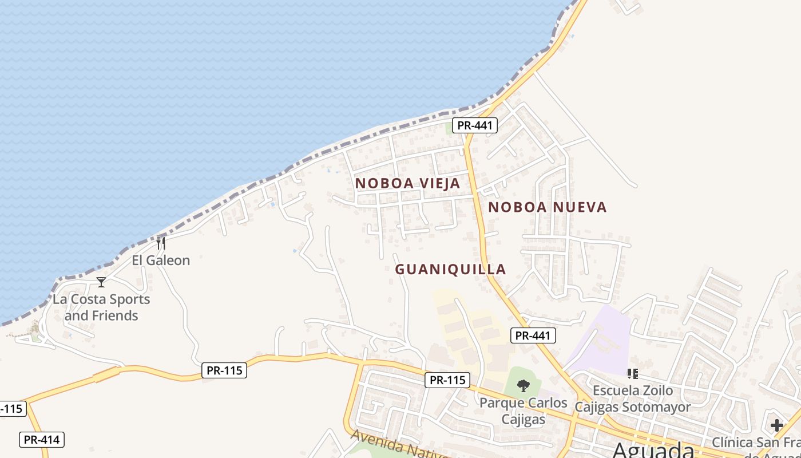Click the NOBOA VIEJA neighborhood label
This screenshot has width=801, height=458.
(x=407, y=183)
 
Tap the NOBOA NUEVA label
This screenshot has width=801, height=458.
(x=547, y=207)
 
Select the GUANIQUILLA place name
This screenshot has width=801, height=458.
(x=451, y=269)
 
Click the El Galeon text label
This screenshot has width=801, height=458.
(x=161, y=260)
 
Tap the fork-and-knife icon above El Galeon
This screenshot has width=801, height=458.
(x=161, y=243)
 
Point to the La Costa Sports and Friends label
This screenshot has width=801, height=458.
(x=101, y=307)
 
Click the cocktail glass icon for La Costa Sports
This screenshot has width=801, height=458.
(x=101, y=282)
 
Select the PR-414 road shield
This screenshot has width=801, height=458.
(x=42, y=440)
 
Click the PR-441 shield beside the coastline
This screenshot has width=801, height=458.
(x=475, y=125)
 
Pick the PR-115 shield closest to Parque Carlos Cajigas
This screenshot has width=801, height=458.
(x=447, y=380)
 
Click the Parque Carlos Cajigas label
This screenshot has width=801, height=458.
(x=523, y=411)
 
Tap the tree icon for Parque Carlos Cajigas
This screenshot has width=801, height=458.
(x=523, y=386)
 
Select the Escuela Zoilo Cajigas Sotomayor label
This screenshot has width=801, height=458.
(x=633, y=399)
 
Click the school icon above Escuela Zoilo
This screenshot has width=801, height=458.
(x=633, y=374)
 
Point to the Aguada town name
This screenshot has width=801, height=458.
(x=653, y=450)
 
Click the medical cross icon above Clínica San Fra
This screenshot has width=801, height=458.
(x=776, y=425)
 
